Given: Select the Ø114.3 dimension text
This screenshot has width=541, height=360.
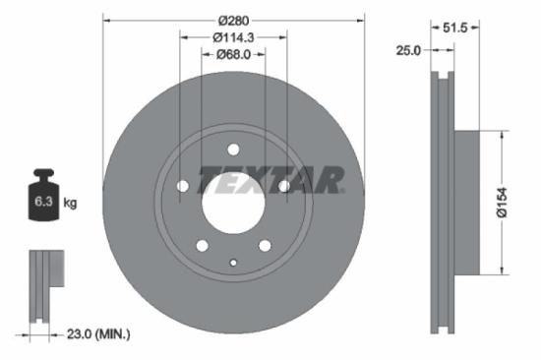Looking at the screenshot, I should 233,37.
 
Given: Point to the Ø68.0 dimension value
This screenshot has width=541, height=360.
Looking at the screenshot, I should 233,54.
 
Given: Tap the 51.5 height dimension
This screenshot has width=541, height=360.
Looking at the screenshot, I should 454,29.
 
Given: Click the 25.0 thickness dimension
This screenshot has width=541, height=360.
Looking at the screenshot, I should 408,48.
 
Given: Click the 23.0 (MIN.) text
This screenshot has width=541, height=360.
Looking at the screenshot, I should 96,334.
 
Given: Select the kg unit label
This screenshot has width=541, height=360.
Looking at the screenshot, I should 70,204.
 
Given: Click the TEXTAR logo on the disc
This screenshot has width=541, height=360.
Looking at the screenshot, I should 272,181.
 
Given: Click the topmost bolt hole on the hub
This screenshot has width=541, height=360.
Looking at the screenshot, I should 233,150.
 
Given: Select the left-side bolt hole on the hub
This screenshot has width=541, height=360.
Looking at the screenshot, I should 182,187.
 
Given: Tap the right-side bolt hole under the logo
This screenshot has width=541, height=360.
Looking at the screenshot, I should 284,186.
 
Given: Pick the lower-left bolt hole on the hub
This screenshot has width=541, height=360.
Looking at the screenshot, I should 202,246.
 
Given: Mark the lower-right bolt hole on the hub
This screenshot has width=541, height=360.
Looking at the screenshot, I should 265,246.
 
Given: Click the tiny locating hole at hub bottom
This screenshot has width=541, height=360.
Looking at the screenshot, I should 233,262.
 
